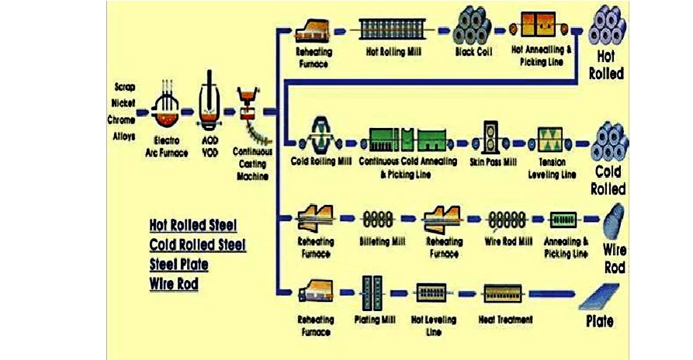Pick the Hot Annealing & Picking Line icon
[542, 26]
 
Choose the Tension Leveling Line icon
[553, 140]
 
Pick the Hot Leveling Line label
[434, 325]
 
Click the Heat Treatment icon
[505, 293]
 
